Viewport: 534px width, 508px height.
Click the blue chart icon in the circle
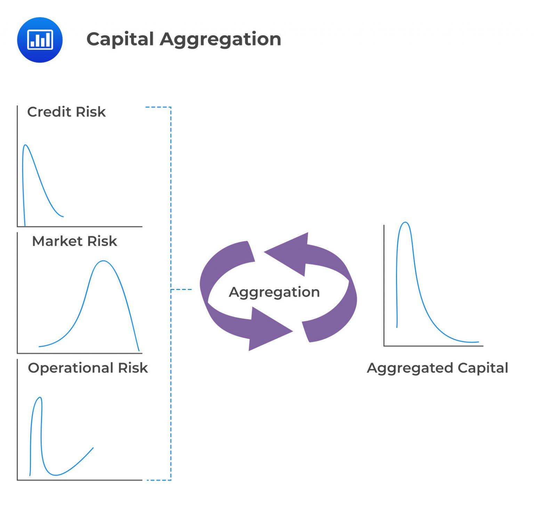(40, 40)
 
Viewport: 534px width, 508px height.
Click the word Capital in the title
(120, 39)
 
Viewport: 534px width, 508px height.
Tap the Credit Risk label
(66, 112)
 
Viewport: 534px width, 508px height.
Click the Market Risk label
(74, 241)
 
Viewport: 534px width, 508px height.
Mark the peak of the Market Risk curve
(104, 261)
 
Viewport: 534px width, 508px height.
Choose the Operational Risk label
(88, 368)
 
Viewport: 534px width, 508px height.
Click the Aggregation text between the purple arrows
(274, 292)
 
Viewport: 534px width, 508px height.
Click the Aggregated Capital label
(437, 368)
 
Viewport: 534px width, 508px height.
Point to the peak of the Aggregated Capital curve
(405, 223)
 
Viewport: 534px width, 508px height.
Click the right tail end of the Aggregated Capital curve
(478, 342)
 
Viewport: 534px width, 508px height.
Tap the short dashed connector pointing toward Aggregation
(181, 289)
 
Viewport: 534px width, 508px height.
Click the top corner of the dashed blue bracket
(171, 107)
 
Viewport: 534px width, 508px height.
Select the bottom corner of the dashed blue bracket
(171, 480)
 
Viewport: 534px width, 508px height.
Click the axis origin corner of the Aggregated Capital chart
(384, 346)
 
